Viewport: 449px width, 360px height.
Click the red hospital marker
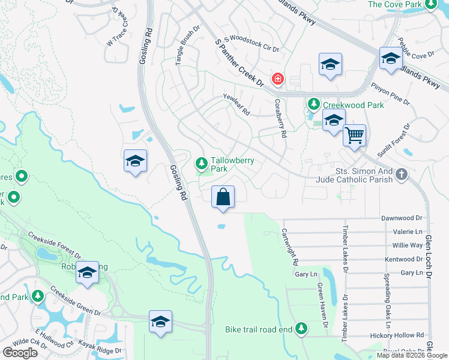[x=277, y=79]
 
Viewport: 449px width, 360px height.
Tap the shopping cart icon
[x=354, y=136]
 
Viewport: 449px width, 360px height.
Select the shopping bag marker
[x=223, y=196]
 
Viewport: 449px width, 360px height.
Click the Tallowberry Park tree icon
[x=202, y=163]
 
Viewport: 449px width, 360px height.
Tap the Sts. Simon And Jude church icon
[x=402, y=175]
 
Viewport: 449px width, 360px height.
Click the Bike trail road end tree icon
[x=301, y=329]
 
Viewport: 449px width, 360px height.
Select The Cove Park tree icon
[x=430, y=5]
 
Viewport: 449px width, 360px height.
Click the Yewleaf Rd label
[x=236, y=107]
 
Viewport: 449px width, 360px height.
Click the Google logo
[x=20, y=353]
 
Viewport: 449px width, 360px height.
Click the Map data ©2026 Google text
[x=412, y=355]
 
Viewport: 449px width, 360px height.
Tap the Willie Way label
[x=408, y=245]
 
